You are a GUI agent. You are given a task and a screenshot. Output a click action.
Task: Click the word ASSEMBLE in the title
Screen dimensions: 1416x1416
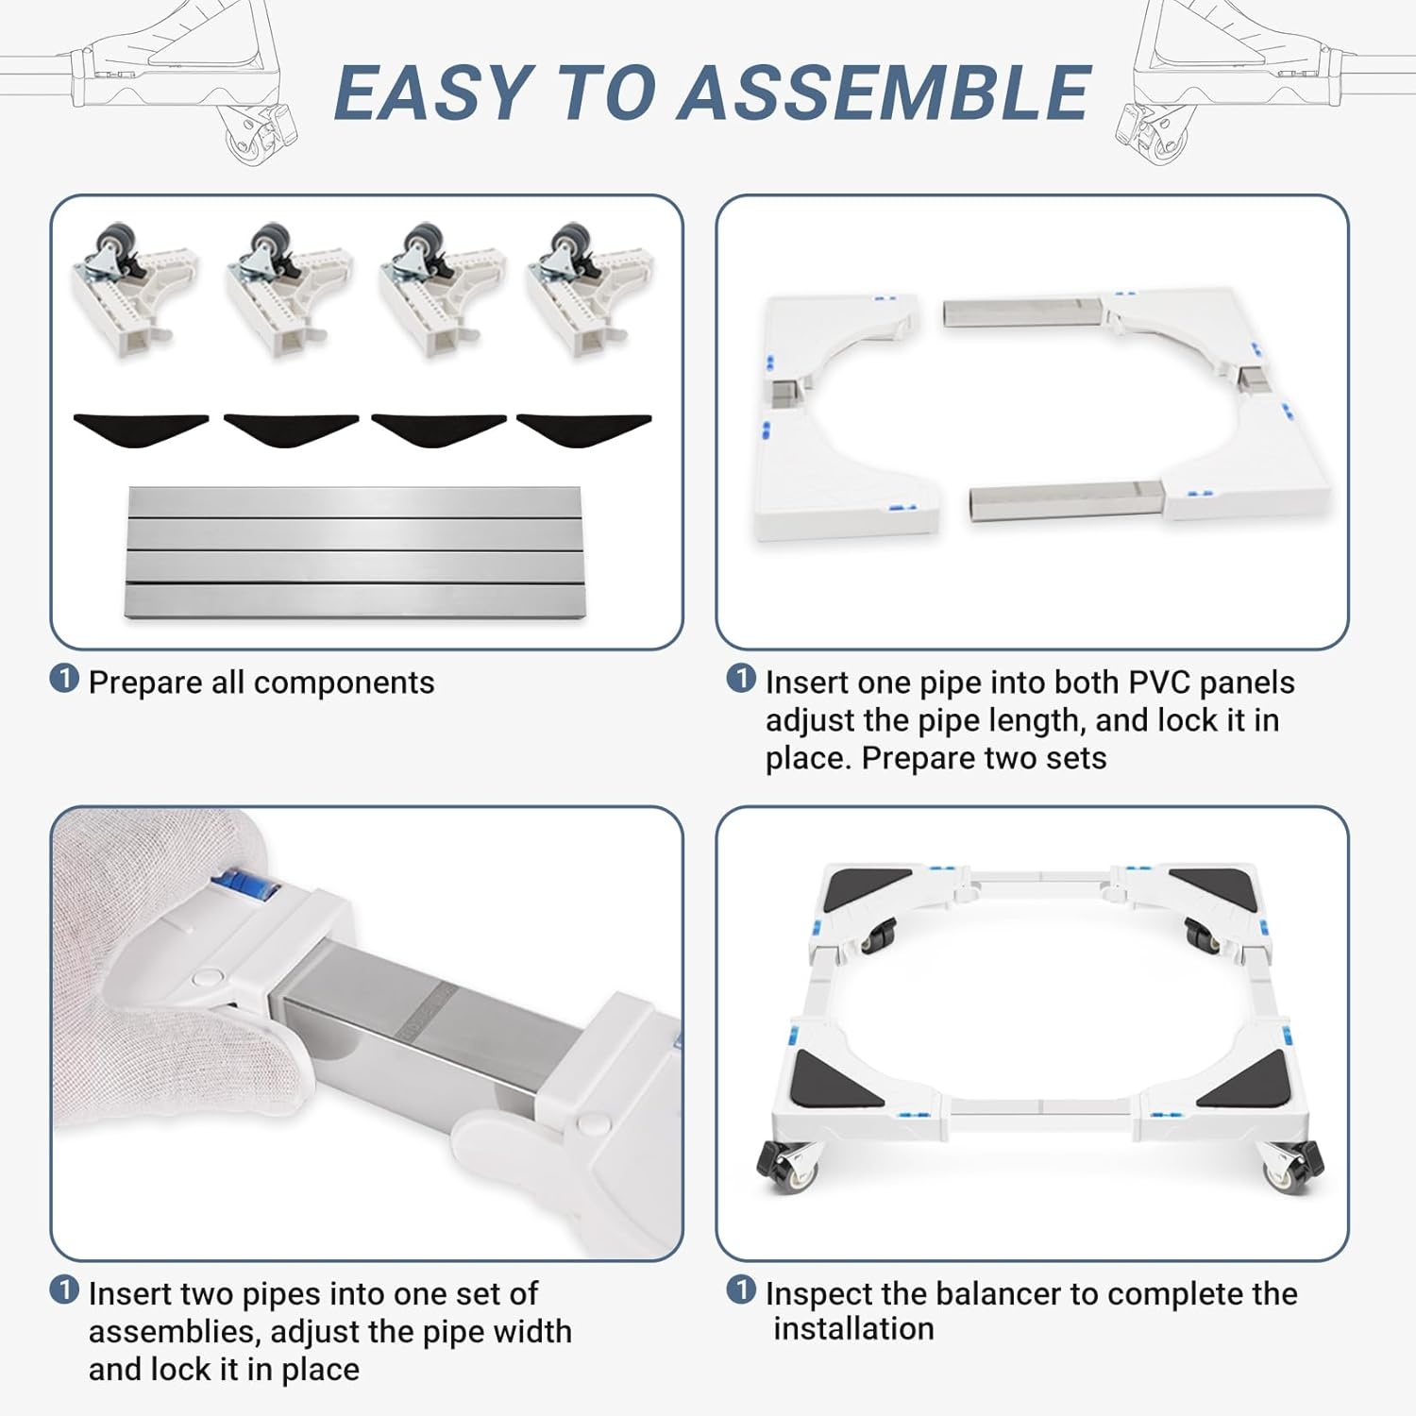click(885, 93)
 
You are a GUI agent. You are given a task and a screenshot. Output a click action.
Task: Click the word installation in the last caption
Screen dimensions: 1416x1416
click(853, 1329)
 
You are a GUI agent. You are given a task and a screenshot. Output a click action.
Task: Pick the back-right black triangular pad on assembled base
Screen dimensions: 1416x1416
click(1224, 889)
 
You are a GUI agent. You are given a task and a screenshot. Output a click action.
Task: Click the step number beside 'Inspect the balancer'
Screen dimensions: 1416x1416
click(741, 1290)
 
